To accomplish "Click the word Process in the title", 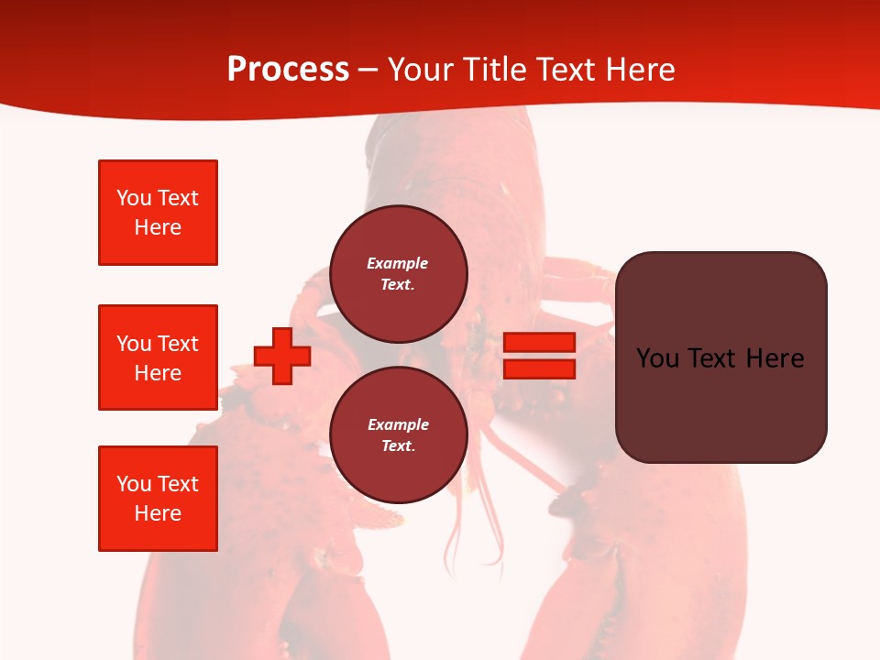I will coord(288,70).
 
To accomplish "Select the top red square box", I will coord(158,213).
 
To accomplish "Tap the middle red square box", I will coord(158,357).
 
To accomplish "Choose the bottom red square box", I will coord(158,499).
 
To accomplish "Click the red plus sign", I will coord(282,357).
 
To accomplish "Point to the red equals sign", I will coord(539,356).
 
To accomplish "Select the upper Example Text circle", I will coord(399,274).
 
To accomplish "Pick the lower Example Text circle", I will coord(399,435).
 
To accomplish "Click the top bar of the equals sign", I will coord(539,343).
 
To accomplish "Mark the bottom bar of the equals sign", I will coord(539,368).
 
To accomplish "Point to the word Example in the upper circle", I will coord(398,263).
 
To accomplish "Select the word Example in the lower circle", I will coord(398,424).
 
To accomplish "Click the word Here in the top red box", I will coord(158,227).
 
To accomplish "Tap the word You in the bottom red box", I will coord(134,484).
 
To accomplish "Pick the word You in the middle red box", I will coord(134,344).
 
